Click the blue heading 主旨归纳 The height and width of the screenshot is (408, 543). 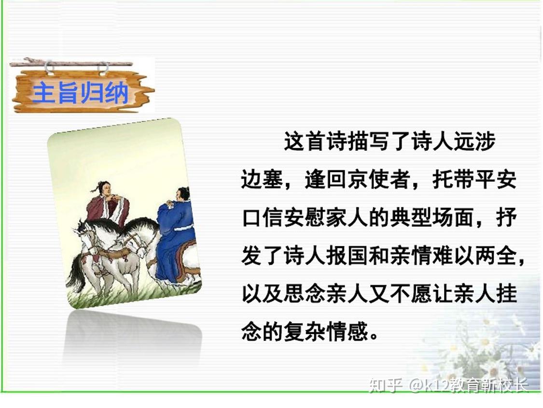point(80,93)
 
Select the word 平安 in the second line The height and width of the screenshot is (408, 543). point(496,179)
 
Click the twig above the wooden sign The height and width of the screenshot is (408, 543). point(71,63)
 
